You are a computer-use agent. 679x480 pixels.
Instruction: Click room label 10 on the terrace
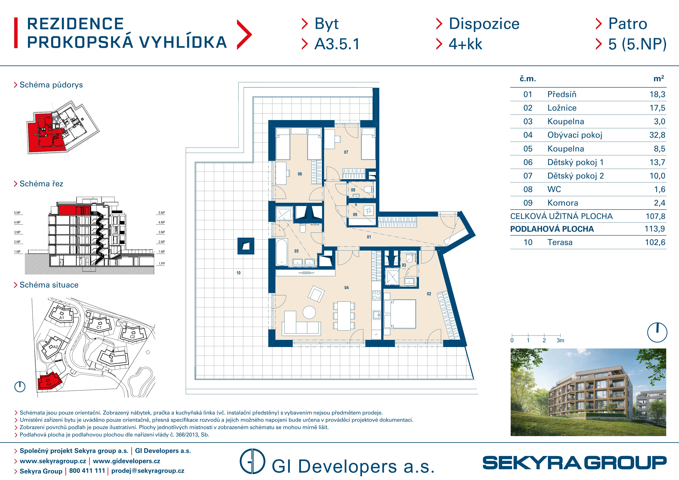(x=238, y=273)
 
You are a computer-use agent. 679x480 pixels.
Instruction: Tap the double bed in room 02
(x=400, y=314)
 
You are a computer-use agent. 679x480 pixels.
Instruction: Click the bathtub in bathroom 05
(x=282, y=252)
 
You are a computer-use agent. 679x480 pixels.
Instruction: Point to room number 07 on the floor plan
(x=346, y=152)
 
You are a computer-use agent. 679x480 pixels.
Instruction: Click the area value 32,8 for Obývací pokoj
(x=657, y=135)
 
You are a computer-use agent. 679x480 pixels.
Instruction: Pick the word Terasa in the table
(x=560, y=243)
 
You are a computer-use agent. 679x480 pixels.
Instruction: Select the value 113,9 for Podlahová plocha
(x=655, y=229)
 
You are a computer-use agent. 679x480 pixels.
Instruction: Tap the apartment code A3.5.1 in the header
(x=337, y=44)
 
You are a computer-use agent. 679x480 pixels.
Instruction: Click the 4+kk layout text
(x=466, y=44)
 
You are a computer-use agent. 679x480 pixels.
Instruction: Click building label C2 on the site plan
(x=132, y=337)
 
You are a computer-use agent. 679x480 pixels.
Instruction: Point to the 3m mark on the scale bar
(x=560, y=340)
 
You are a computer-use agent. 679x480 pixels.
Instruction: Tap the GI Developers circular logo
(x=252, y=461)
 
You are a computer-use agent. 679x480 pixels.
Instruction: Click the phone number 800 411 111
(x=87, y=471)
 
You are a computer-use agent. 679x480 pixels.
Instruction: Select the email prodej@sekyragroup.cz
(x=148, y=471)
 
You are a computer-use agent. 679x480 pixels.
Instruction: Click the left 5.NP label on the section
(x=17, y=213)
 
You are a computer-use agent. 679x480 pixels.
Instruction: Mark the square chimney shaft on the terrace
(x=246, y=246)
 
